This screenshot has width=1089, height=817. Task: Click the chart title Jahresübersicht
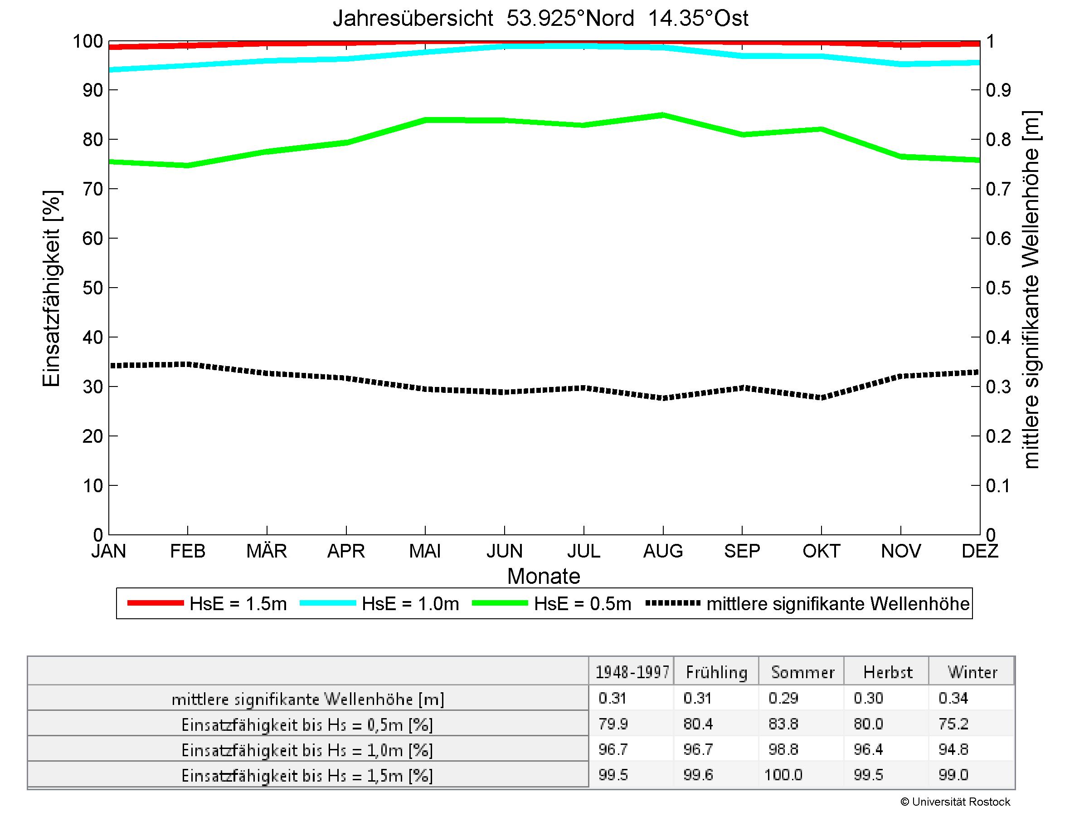click(x=540, y=19)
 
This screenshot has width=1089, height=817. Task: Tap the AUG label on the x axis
click(x=663, y=551)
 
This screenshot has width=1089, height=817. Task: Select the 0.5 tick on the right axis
click(x=998, y=288)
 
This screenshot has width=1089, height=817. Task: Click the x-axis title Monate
click(x=544, y=576)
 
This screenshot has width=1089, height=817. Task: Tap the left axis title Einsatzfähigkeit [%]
click(x=51, y=288)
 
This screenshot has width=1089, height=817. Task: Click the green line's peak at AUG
click(x=663, y=115)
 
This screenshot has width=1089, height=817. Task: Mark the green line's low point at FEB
click(x=188, y=166)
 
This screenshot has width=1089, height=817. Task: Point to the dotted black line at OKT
click(x=821, y=397)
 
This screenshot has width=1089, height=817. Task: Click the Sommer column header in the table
click(x=802, y=672)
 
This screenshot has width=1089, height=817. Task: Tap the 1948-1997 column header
click(x=632, y=672)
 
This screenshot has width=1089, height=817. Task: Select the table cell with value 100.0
click(x=783, y=775)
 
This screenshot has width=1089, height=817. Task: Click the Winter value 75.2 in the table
click(x=953, y=724)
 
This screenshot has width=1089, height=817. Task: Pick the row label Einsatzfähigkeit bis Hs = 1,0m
click(x=307, y=750)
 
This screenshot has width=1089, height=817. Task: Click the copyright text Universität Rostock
click(x=955, y=802)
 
